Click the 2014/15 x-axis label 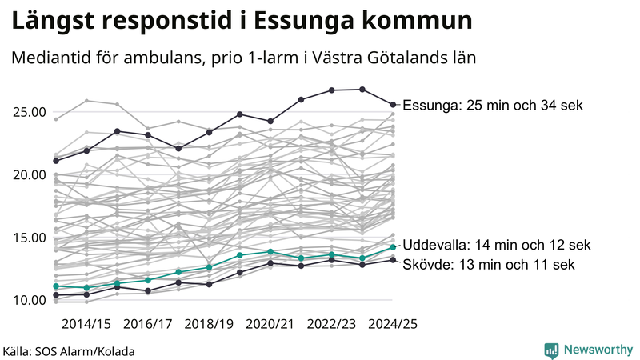[86, 324]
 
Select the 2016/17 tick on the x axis [148, 324]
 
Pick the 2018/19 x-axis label [209, 324]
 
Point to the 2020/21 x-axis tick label [270, 324]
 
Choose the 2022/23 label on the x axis [331, 324]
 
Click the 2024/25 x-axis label [392, 324]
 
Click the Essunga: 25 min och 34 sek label [493, 105]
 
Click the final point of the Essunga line [393, 104]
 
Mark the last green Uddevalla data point [393, 246]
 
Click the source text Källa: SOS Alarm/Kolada [69, 350]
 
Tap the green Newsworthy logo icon [551, 350]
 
